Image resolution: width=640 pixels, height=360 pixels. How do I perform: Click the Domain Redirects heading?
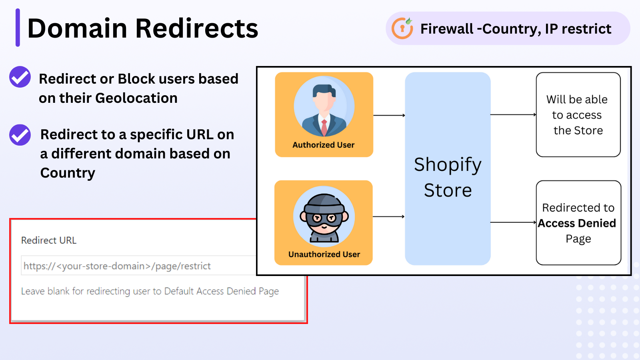(x=142, y=28)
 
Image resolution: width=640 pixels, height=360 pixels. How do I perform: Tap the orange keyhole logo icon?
(x=402, y=28)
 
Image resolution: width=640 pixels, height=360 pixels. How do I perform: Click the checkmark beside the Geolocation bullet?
(x=20, y=77)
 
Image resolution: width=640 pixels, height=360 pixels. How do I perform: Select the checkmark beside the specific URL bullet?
(x=20, y=135)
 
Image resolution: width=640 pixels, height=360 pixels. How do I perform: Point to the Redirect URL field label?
(x=49, y=240)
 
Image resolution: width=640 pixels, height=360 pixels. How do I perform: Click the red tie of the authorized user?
(x=324, y=127)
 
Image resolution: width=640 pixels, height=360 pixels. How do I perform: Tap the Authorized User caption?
(x=323, y=145)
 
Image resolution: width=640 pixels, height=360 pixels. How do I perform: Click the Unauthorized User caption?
(x=324, y=254)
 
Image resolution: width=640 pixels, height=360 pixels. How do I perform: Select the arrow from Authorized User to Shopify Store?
(x=389, y=115)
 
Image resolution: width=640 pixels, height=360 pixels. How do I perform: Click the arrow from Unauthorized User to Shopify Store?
(x=388, y=217)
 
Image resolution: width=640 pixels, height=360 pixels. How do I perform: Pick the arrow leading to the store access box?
(x=513, y=115)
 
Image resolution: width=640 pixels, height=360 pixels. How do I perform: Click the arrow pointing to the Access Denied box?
(x=513, y=222)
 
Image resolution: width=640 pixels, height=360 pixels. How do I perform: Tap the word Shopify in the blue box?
(x=448, y=165)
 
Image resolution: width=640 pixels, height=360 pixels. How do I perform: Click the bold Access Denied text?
(x=577, y=223)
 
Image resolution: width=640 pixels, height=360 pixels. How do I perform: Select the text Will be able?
(x=577, y=99)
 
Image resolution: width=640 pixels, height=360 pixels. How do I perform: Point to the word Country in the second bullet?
(x=68, y=173)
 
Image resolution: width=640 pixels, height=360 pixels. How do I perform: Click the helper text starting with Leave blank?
(x=150, y=291)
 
